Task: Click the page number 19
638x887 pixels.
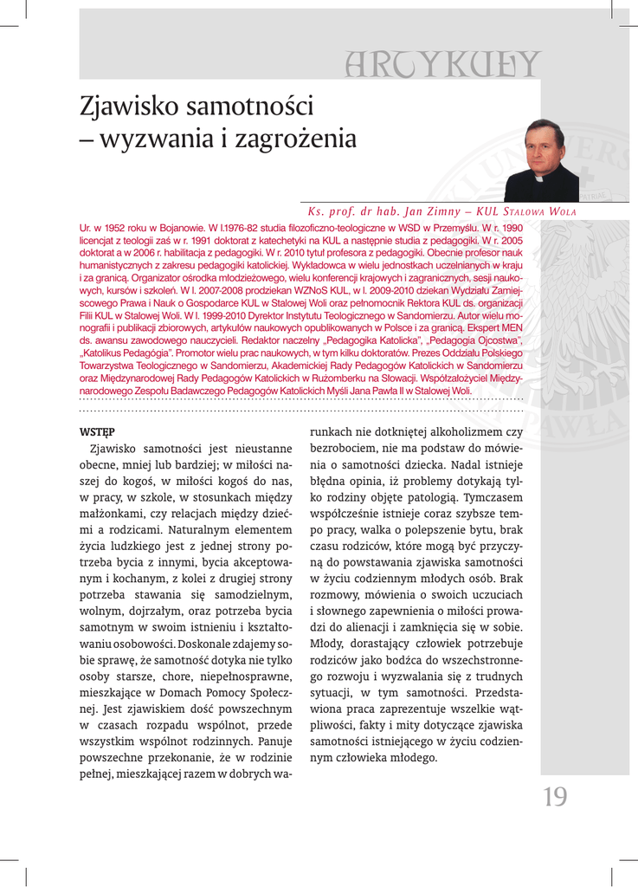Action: click(x=555, y=797)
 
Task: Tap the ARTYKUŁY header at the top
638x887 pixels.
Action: click(x=441, y=63)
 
